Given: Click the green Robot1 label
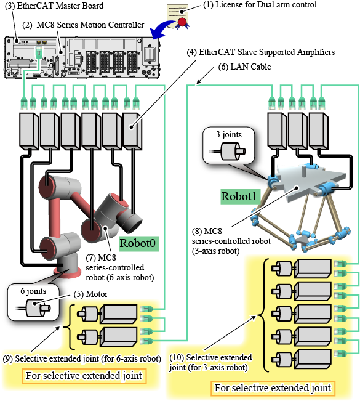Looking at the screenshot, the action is point(239,196).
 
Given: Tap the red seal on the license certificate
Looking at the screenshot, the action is point(182,22).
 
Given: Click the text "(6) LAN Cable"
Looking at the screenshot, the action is point(244,67).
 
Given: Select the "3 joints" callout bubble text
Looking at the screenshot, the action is point(229,134).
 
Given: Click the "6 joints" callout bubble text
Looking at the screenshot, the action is point(33,291).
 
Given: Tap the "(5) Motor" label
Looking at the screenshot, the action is point(90,294).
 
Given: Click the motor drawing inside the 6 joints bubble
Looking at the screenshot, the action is point(34,307).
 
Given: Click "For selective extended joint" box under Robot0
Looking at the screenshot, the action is point(84,376).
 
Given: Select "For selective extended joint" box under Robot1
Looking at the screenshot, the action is point(273,388).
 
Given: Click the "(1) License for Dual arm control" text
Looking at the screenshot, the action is point(260,4).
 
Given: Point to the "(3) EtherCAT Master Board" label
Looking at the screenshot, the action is point(54,6).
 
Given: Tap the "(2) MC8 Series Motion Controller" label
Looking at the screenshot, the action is point(83,25).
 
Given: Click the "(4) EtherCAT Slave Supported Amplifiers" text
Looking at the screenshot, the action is point(260,52).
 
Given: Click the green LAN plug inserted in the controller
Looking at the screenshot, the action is point(38,53).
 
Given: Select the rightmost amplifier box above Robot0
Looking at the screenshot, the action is point(132,131).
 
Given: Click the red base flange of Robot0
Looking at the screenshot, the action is point(65,273).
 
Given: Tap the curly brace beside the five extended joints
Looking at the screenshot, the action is point(263,315).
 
